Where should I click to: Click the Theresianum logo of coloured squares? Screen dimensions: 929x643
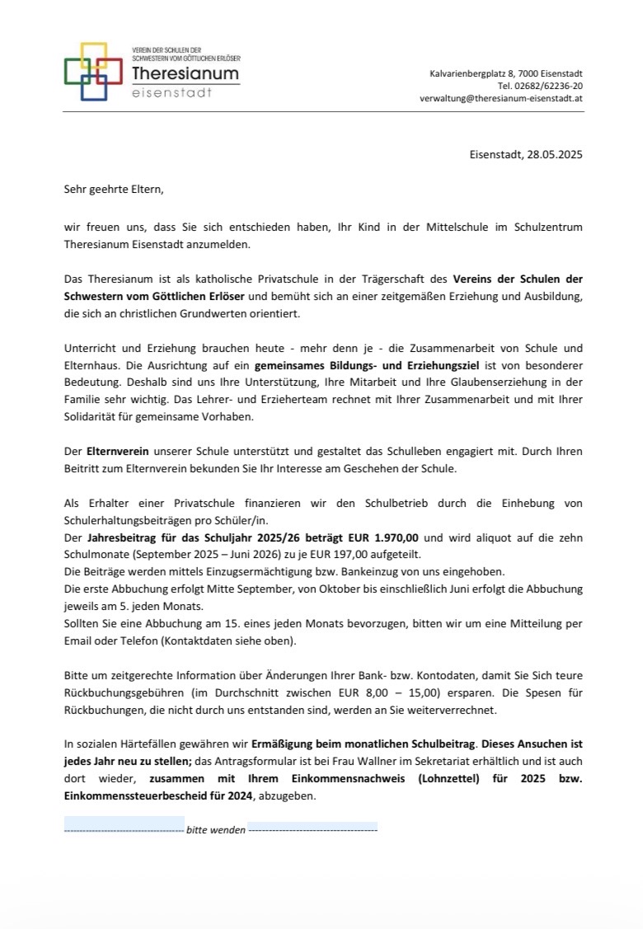93,71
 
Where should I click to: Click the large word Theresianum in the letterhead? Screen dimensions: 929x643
185,74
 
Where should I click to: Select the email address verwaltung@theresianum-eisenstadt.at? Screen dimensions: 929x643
501,97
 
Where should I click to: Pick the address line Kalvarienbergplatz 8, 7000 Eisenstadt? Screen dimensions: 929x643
506,74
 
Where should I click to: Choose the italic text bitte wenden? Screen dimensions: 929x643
216,830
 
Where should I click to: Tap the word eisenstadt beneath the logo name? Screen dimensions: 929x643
171,93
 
